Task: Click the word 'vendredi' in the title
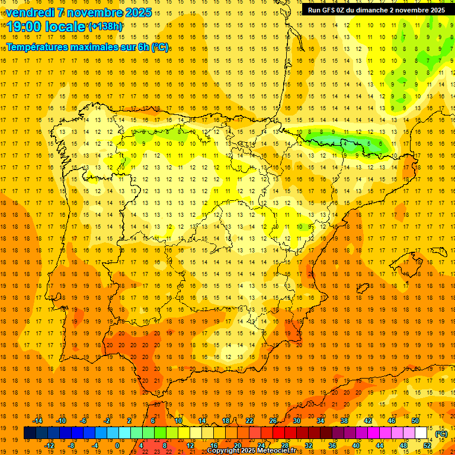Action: [28, 12]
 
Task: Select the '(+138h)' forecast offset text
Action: [105, 27]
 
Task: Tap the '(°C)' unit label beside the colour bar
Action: [441, 434]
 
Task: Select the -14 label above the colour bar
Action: [37, 421]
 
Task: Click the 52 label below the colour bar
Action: [427, 446]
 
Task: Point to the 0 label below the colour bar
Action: [117, 446]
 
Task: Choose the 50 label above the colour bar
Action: [415, 421]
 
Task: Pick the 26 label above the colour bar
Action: [273, 421]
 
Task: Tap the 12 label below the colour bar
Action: [190, 446]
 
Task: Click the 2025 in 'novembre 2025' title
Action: [137, 12]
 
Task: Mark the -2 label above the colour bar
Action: [107, 421]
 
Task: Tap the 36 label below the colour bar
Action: [332, 446]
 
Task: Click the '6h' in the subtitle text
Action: [143, 47]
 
